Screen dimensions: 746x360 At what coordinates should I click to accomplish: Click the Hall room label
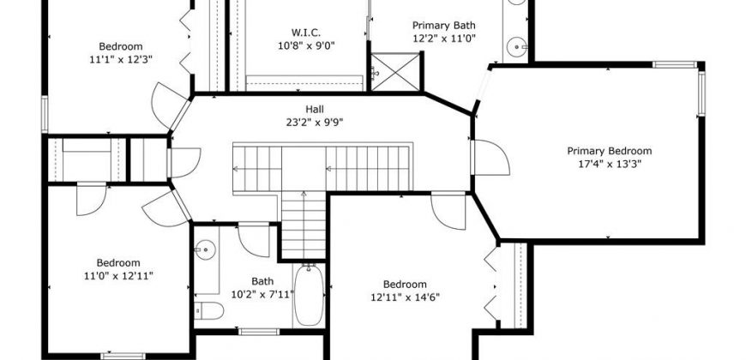click(315, 110)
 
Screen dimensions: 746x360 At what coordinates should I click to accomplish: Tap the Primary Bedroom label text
click(609, 151)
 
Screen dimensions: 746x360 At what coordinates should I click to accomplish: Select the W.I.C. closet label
click(306, 33)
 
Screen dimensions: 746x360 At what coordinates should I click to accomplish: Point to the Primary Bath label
click(443, 26)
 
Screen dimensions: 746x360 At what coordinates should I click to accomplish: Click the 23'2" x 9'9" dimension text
click(315, 123)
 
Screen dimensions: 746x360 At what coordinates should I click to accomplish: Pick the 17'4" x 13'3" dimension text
click(609, 164)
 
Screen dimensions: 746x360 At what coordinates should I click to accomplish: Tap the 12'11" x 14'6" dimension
click(405, 297)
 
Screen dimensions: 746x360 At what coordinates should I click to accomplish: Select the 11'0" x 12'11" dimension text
click(118, 276)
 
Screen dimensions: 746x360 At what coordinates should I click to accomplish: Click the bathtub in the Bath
click(309, 296)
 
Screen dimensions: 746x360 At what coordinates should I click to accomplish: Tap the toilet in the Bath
click(209, 310)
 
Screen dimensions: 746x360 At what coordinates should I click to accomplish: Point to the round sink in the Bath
click(205, 249)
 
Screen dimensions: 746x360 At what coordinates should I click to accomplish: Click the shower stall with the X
click(395, 72)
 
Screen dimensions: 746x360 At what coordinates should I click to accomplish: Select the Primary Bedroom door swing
click(490, 158)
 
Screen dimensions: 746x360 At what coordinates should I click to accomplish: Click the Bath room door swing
click(254, 240)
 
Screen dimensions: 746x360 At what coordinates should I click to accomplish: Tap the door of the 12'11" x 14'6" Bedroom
click(448, 211)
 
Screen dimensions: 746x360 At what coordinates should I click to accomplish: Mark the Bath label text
click(262, 281)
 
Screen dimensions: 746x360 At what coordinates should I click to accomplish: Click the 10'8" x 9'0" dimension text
click(306, 45)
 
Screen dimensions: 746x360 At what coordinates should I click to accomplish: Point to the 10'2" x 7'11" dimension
click(262, 294)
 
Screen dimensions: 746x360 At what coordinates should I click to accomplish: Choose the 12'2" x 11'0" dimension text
click(444, 39)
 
